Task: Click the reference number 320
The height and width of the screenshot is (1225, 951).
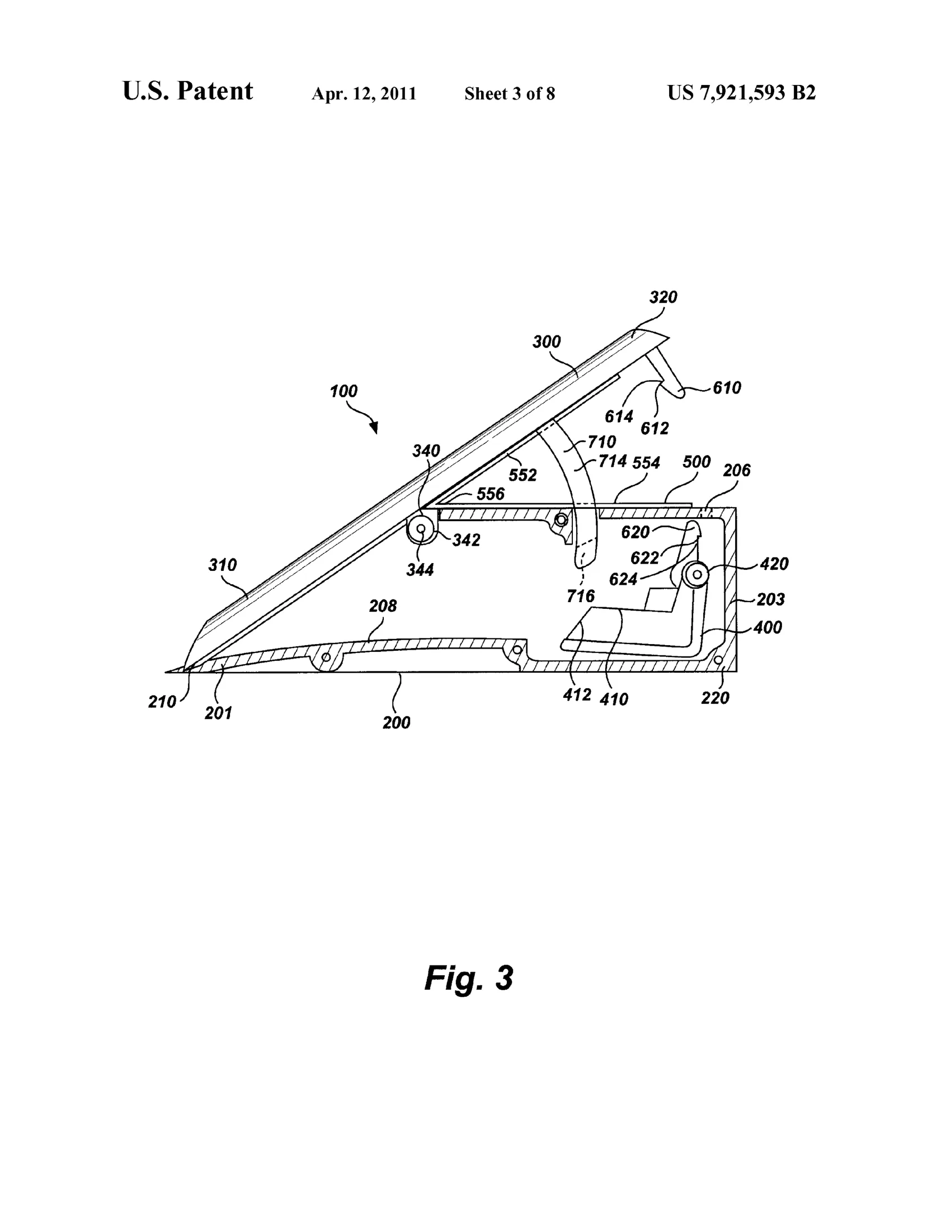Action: pos(663,297)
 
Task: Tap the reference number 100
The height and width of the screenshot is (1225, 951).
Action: pos(343,391)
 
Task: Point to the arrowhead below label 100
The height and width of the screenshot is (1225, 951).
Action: pos(374,428)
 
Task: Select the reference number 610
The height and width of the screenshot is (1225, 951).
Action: pos(727,387)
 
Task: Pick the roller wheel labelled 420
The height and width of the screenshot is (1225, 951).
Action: pos(696,574)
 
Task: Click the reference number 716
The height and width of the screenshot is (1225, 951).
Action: pos(580,595)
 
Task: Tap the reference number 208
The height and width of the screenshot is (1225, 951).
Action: pos(383,606)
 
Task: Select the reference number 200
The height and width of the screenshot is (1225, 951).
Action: pos(397,722)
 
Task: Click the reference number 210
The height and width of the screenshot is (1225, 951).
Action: pos(162,702)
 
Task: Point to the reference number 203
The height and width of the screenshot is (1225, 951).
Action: pos(770,599)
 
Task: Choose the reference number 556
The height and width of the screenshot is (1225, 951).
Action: pos(491,494)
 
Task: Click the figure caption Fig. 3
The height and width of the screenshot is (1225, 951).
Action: pos(469,978)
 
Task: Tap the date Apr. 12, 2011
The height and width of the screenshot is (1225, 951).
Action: pos(364,94)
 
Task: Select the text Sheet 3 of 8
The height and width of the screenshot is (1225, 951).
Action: pos(510,94)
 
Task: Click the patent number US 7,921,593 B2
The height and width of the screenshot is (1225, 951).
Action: pos(741,93)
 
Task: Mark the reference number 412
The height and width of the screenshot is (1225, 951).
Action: pos(577,695)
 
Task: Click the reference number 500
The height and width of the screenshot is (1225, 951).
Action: pos(696,462)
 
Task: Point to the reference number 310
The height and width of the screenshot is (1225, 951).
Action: pos(222,565)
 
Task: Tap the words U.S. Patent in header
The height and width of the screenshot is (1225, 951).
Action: pos(188,91)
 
